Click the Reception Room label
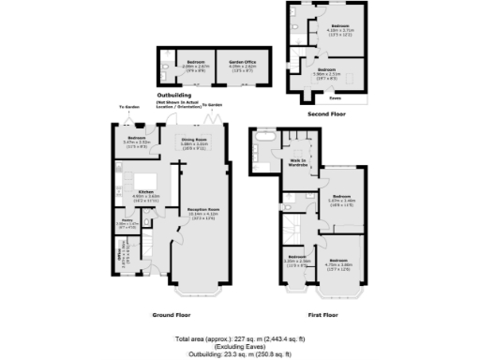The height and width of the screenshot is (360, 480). tap(202, 210)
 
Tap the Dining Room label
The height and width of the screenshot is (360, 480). tap(193, 140)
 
